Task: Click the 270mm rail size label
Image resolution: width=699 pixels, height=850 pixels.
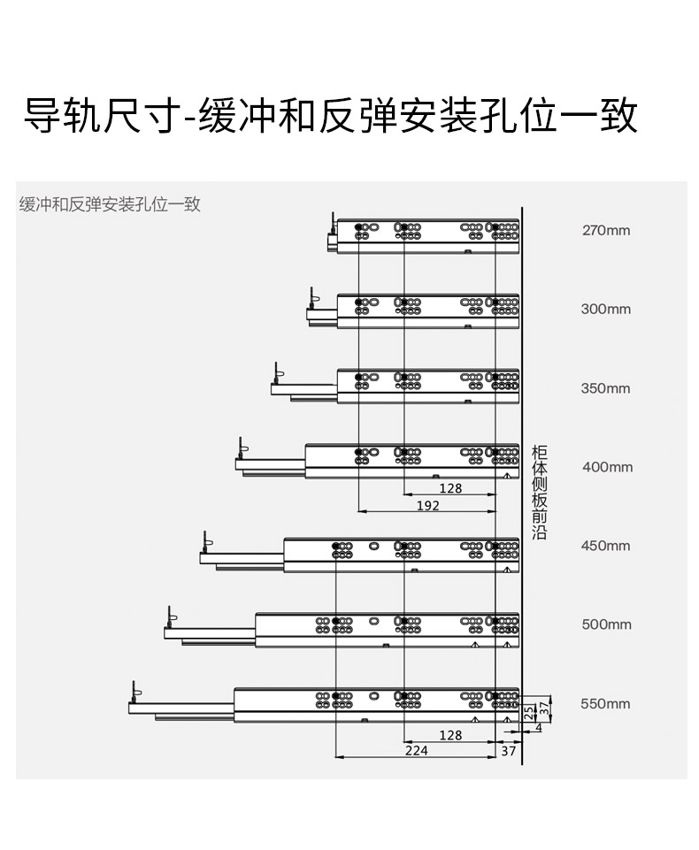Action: click(606, 230)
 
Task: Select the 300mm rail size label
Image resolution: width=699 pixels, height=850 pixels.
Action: click(606, 309)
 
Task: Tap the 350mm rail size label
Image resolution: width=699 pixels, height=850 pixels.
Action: click(605, 388)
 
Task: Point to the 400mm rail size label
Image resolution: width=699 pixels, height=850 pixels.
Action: click(607, 467)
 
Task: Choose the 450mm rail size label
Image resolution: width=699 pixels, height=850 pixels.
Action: click(606, 546)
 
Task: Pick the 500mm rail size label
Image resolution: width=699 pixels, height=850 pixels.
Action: click(606, 624)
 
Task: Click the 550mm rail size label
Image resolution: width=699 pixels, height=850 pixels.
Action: click(605, 704)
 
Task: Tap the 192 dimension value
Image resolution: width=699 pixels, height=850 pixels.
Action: click(428, 506)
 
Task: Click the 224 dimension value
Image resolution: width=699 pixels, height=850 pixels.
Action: click(417, 750)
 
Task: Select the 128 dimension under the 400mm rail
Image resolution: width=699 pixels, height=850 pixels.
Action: click(450, 488)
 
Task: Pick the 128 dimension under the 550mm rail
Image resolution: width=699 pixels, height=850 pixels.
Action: click(450, 735)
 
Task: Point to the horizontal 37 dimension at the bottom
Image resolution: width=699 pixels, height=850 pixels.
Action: click(508, 751)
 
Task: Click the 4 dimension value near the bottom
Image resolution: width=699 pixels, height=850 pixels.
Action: click(538, 728)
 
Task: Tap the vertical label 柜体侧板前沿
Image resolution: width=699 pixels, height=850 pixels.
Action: click(539, 492)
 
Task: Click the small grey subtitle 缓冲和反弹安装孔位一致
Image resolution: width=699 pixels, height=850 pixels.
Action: click(110, 204)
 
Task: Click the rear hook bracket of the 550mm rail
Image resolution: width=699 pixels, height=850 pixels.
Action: click(135, 692)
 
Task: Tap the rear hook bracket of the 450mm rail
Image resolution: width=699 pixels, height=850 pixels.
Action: click(207, 542)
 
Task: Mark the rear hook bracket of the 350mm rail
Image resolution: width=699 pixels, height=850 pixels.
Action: click(278, 373)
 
